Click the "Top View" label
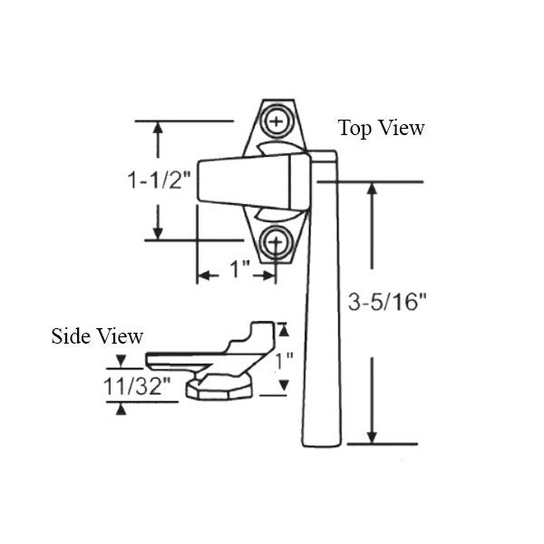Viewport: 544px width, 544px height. [x=381, y=128]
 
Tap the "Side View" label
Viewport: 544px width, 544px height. [x=96, y=336]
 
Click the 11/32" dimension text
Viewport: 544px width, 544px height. [x=136, y=385]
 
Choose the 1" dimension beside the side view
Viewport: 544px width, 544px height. [x=284, y=360]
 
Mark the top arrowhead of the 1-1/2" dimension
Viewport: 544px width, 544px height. [x=159, y=128]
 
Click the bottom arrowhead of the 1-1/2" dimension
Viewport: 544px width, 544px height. [x=159, y=233]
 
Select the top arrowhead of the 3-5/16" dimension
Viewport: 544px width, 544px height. [x=371, y=189]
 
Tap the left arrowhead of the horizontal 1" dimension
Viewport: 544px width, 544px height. [x=203, y=274]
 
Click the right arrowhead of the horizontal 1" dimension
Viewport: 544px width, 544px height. [x=269, y=274]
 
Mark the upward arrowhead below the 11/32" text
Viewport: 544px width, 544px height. [x=121, y=408]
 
